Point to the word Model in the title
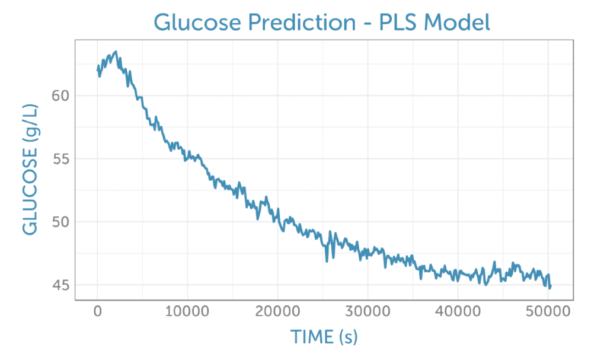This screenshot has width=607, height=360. coord(459,23)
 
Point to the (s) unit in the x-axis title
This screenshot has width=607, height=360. coord(348,337)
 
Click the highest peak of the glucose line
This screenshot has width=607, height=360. coord(116,52)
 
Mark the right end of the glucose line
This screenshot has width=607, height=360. coord(551,286)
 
